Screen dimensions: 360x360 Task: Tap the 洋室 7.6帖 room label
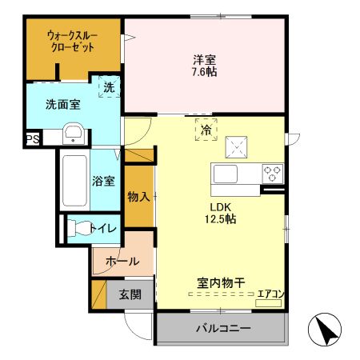(x=205, y=66)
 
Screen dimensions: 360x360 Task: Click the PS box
(x=32, y=139)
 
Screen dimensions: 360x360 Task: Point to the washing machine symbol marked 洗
(x=106, y=86)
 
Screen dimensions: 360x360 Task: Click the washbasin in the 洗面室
(x=73, y=133)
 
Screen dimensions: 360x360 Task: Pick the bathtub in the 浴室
(x=73, y=178)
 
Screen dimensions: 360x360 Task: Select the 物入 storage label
(x=138, y=196)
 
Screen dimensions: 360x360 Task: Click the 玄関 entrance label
(x=130, y=294)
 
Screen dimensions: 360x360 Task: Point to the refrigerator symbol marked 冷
(x=206, y=129)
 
